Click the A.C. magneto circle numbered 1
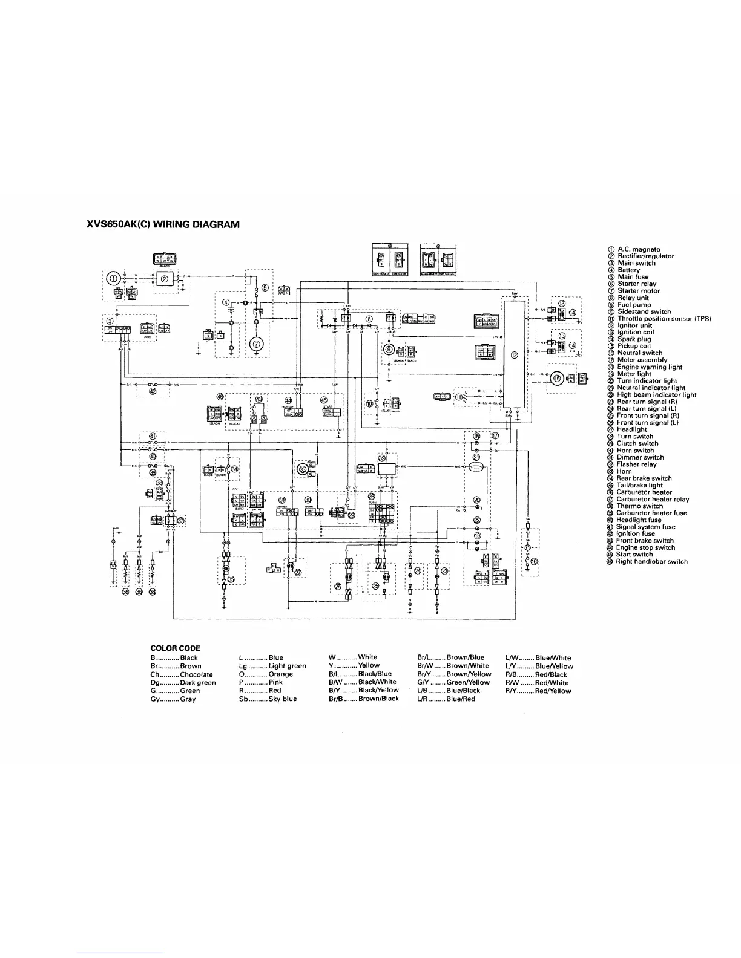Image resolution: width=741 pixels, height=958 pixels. [113, 278]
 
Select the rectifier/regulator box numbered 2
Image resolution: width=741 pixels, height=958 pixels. [165, 279]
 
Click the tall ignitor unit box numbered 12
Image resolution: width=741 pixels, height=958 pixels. [514, 354]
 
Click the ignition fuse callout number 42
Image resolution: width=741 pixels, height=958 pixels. [153, 391]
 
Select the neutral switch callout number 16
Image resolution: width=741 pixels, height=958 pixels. [534, 561]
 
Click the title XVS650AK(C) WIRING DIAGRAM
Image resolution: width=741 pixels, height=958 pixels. [163, 224]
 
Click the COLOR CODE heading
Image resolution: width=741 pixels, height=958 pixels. [175, 648]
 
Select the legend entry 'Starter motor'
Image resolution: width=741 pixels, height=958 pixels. [638, 291]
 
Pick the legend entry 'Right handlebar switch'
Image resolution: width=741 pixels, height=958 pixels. [651, 561]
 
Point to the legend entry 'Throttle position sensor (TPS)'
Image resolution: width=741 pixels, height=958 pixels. [664, 319]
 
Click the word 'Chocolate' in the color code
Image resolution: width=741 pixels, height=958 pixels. [196, 674]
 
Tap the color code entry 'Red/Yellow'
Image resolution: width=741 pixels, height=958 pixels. [553, 691]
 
